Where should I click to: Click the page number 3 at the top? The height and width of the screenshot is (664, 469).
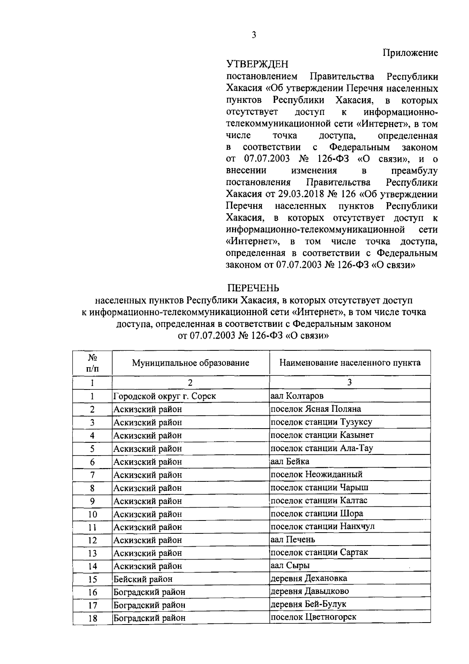[x=254, y=35]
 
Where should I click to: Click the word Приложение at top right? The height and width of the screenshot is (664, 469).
[x=410, y=53]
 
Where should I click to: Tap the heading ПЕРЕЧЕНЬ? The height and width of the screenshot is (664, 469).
[x=254, y=288]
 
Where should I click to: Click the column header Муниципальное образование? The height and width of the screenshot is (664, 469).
[x=190, y=363]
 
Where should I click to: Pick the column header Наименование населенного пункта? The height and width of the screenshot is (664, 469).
[x=350, y=363]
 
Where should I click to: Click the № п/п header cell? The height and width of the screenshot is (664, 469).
[x=92, y=363]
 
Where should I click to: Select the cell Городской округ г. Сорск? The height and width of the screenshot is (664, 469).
[x=165, y=396]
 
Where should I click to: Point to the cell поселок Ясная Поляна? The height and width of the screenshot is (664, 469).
[x=316, y=409]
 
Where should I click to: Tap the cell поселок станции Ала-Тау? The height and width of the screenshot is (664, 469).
[x=322, y=448]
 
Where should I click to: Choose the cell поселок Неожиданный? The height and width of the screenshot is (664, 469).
[x=317, y=474]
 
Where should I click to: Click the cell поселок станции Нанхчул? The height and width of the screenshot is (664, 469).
[x=322, y=526]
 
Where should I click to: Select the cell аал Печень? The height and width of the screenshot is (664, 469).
[x=293, y=540]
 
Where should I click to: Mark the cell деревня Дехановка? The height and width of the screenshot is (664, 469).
[x=309, y=578]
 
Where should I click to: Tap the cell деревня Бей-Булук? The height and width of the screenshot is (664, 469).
[x=308, y=604]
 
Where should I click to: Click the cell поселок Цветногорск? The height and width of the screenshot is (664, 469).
[x=313, y=617]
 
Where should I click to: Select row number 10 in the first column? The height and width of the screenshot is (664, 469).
[x=92, y=514]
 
